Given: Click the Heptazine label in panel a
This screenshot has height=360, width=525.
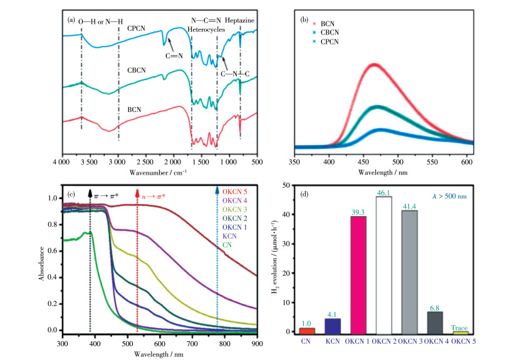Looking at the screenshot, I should [242, 19].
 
